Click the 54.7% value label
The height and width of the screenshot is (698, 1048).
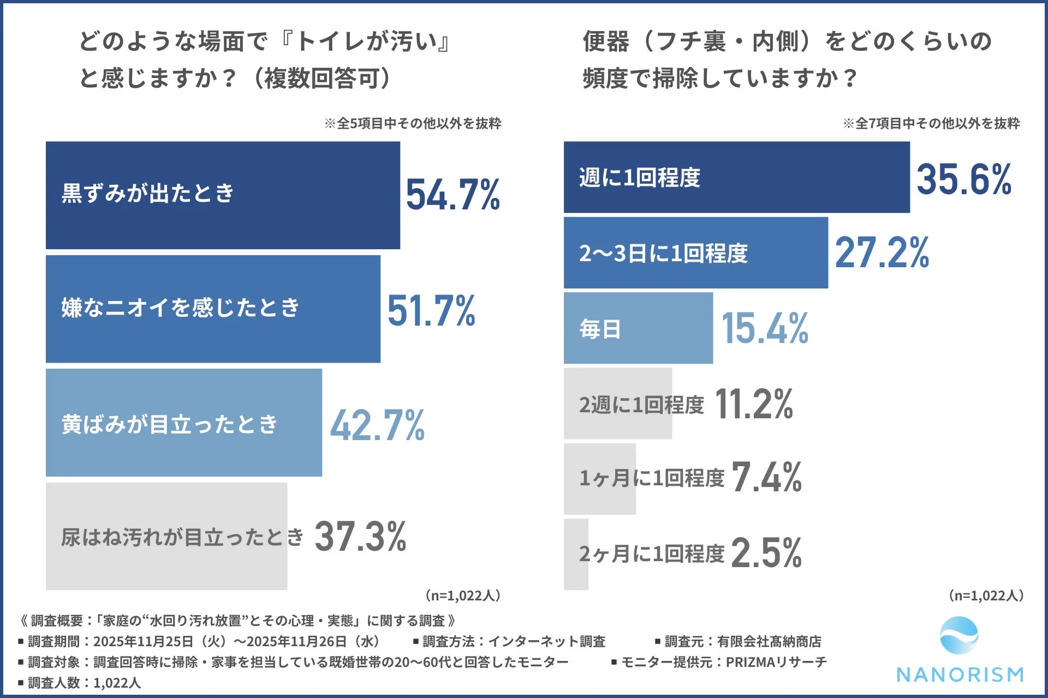tap(452, 195)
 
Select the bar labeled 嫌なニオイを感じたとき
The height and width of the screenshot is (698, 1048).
tap(213, 309)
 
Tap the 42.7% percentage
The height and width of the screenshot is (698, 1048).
tap(377, 425)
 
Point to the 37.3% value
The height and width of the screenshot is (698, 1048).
tap(360, 537)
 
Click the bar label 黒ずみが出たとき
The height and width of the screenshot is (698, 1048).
tap(147, 193)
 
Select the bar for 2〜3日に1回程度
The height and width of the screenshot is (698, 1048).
tap(695, 253)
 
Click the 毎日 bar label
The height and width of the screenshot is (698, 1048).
tap(600, 329)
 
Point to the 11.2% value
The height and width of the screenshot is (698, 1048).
tap(753, 404)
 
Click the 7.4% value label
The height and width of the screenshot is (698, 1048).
tap(766, 478)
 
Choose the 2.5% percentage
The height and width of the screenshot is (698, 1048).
tap(766, 553)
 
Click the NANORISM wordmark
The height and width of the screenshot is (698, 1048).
tap(960, 675)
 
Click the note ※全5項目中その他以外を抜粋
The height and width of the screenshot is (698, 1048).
tap(413, 123)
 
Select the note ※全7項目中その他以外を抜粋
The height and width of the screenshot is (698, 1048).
tap(931, 123)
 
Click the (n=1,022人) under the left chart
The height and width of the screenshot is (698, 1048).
tap(463, 595)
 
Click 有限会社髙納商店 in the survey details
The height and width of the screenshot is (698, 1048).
tap(769, 641)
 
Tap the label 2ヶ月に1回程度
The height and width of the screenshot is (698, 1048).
tap(652, 554)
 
